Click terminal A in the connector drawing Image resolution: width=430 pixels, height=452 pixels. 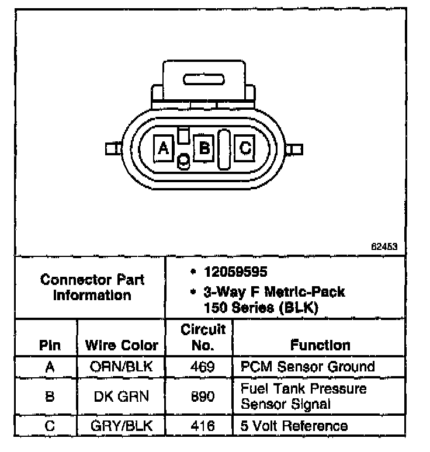coord(164,148)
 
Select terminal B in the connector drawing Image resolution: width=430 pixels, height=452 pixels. coord(204,148)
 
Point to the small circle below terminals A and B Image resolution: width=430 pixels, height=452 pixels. coord(183,161)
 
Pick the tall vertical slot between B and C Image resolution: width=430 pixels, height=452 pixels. coord(224,149)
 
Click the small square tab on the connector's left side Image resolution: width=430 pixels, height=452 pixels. coord(110,149)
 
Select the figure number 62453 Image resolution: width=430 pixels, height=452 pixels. coord(384,246)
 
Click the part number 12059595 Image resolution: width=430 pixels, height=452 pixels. coord(228,272)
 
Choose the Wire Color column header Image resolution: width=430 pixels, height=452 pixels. coord(122,345)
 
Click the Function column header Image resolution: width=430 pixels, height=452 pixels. coord(320,345)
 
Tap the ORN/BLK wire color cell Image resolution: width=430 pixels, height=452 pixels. coord(122,367)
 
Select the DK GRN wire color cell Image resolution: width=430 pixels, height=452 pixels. coord(122,397)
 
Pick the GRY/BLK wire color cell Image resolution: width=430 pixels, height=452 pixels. coord(122,426)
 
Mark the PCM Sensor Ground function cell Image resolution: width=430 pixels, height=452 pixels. coord(308,367)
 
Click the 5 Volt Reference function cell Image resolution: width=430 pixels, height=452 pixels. coord(294,426)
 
